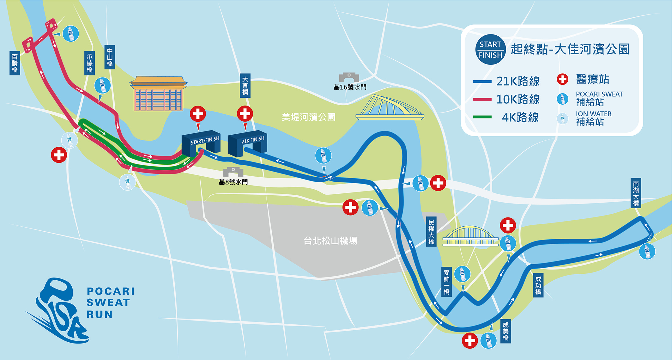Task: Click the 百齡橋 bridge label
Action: click(x=15, y=63)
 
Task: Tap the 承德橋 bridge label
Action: click(x=90, y=63)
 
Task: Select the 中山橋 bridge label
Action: click(x=110, y=57)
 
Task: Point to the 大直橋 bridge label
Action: click(x=245, y=86)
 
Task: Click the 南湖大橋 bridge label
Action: click(x=636, y=193)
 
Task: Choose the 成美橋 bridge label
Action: click(x=506, y=331)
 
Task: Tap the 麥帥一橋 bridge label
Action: click(x=446, y=282)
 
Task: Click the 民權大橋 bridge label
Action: click(x=431, y=232)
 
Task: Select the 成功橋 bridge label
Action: click(x=538, y=285)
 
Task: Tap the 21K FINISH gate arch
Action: click(x=248, y=143)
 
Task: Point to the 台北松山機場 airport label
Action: click(x=330, y=241)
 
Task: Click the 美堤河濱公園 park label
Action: click(x=308, y=117)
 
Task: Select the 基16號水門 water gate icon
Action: click(x=349, y=77)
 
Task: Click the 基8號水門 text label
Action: click(x=233, y=182)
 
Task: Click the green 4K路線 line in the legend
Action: click(x=482, y=117)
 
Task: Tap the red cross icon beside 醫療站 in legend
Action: click(x=562, y=79)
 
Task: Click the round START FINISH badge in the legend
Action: click(x=490, y=50)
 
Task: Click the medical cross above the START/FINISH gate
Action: click(x=198, y=114)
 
